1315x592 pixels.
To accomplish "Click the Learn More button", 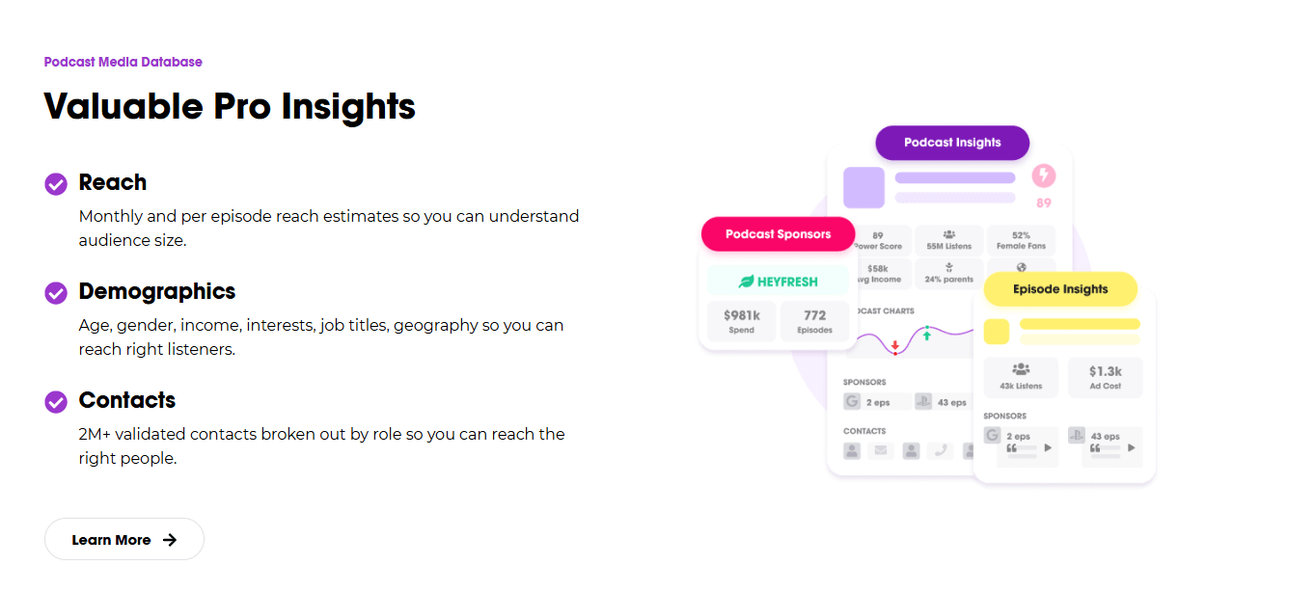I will [123, 539].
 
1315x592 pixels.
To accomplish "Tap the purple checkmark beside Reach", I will [56, 183].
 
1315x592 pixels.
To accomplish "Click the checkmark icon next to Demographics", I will [56, 292].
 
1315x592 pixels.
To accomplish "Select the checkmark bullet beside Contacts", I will [56, 401].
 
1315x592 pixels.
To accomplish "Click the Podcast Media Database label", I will [123, 62].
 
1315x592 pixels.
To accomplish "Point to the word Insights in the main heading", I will [348, 106].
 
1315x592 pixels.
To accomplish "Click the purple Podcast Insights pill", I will [952, 143].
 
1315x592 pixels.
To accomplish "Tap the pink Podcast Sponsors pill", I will [778, 234].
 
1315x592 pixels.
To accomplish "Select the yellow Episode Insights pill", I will [1060, 289].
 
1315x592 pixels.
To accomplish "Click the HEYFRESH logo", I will [778, 282].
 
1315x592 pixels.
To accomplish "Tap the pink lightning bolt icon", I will [1044, 175].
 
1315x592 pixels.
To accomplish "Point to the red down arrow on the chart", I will [895, 345].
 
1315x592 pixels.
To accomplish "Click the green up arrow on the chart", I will [927, 334].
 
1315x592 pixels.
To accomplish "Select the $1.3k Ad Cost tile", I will [1106, 377].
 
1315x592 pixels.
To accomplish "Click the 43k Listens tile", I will [1021, 377].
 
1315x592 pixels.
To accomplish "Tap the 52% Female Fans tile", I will [1021, 240].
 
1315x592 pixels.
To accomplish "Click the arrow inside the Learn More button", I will [170, 540].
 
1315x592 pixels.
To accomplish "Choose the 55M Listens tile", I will [949, 240].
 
